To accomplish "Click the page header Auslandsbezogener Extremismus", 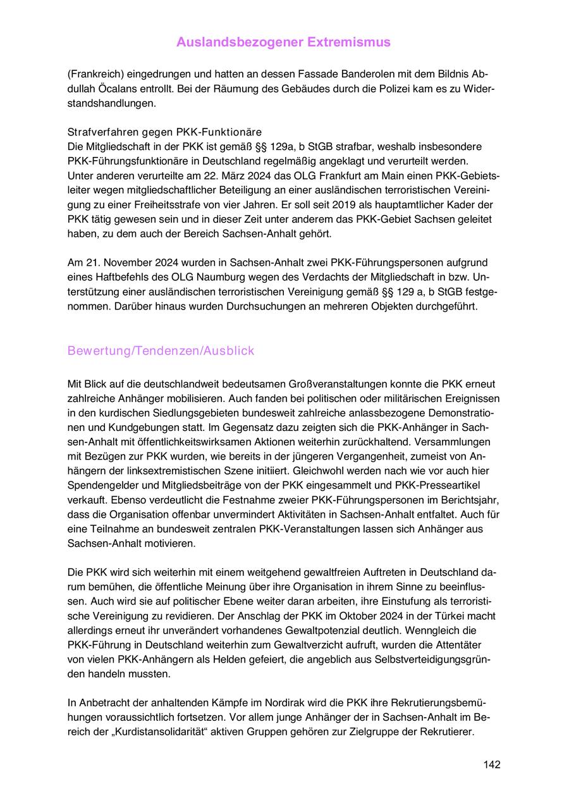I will click(283, 42).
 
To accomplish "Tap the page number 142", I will click(491, 764).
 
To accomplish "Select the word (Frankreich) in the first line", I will click(97, 73).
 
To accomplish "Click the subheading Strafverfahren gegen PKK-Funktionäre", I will click(164, 132).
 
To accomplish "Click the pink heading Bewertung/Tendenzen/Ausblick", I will click(161, 351).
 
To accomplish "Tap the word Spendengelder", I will click(103, 485).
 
